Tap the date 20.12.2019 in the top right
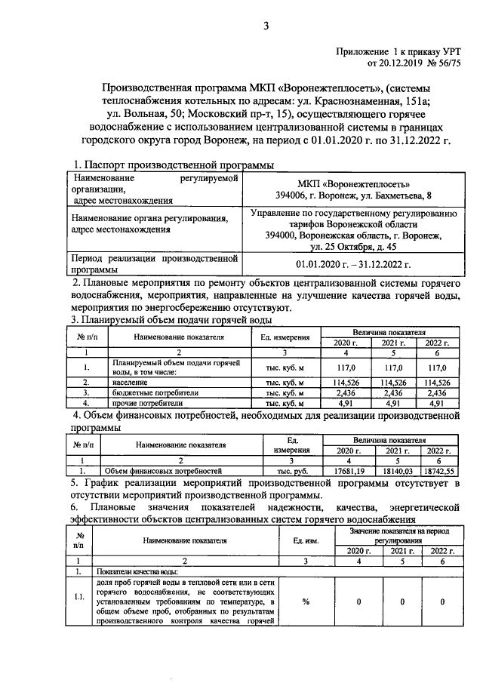coord(394,62)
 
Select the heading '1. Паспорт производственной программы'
coord(173,165)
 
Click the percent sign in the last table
coord(306,601)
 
